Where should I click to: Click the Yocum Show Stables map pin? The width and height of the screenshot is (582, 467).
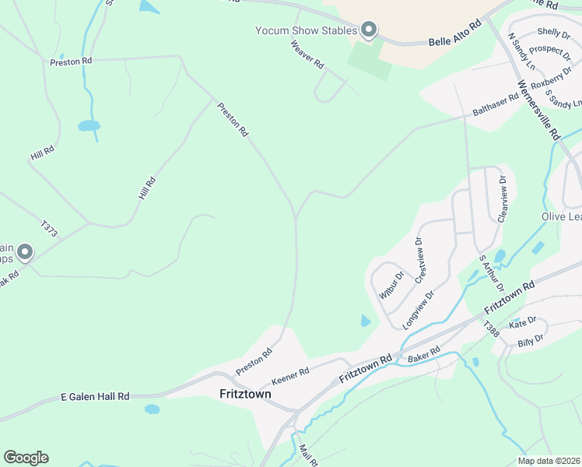pos(370,30)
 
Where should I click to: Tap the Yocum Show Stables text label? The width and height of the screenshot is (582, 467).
pos(306,31)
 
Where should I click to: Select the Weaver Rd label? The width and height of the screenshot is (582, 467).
pos(307,55)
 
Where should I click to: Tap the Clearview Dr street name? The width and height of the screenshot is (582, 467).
pos(504,198)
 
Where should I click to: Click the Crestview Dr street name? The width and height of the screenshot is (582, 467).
pos(421,260)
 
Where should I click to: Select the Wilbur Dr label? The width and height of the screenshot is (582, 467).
pos(391,285)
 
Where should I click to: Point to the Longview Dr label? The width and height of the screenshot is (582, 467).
pos(417,308)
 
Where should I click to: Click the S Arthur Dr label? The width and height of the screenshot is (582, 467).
pos(492,273)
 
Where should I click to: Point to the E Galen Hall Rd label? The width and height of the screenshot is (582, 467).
pos(95,397)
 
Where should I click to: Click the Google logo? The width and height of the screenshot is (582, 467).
pos(26,458)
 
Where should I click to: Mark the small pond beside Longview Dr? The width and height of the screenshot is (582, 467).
pos(366,320)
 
